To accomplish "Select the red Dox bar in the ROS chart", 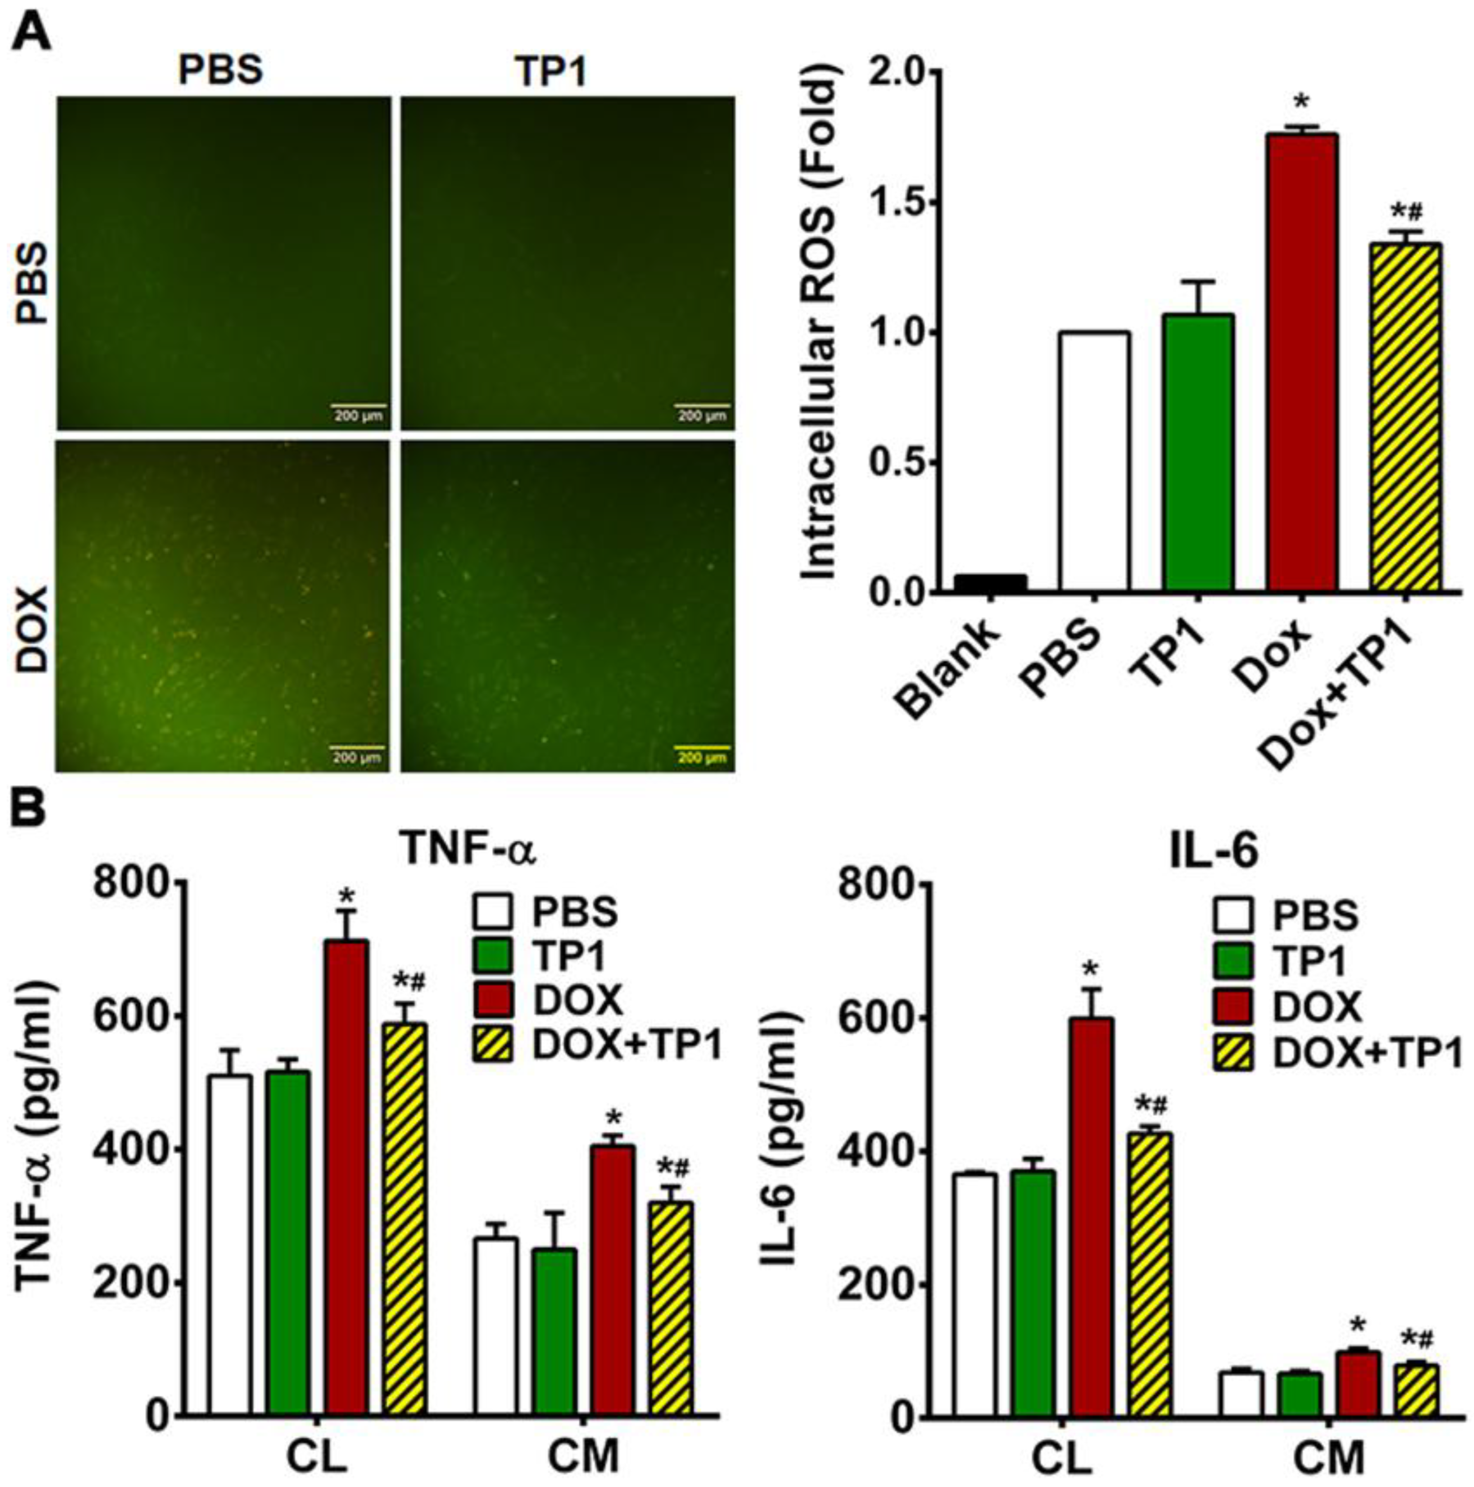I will point(1303,362).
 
